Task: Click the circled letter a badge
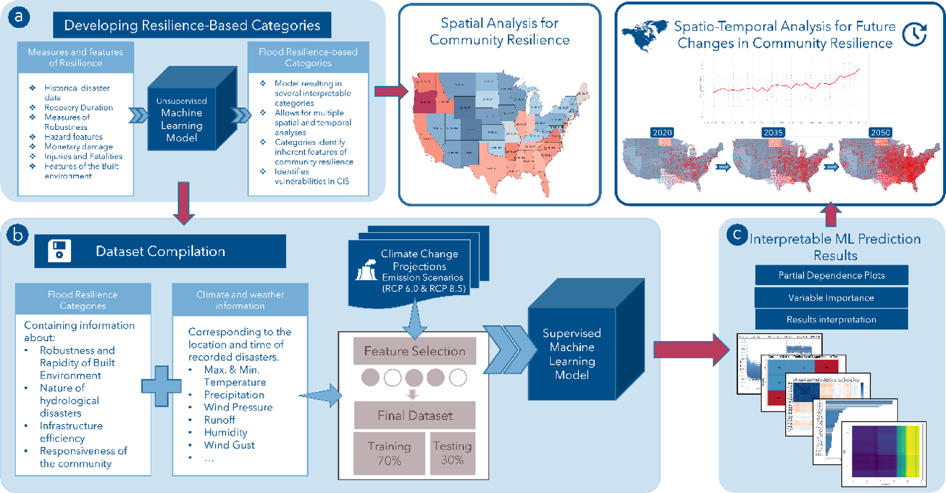(19, 17)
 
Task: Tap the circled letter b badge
(18, 235)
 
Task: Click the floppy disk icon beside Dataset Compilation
(59, 251)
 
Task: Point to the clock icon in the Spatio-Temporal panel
(914, 34)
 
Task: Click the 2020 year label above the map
(662, 132)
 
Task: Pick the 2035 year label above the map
(773, 132)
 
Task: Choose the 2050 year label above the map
(880, 132)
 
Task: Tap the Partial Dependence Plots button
(831, 275)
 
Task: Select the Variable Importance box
(831, 297)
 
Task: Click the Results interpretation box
(831, 320)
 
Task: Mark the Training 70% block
(389, 453)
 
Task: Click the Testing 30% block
(452, 453)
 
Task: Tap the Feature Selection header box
(414, 351)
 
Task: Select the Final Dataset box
(414, 415)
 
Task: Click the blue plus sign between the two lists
(161, 386)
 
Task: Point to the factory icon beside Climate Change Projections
(367, 270)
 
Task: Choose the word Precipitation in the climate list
(234, 395)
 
